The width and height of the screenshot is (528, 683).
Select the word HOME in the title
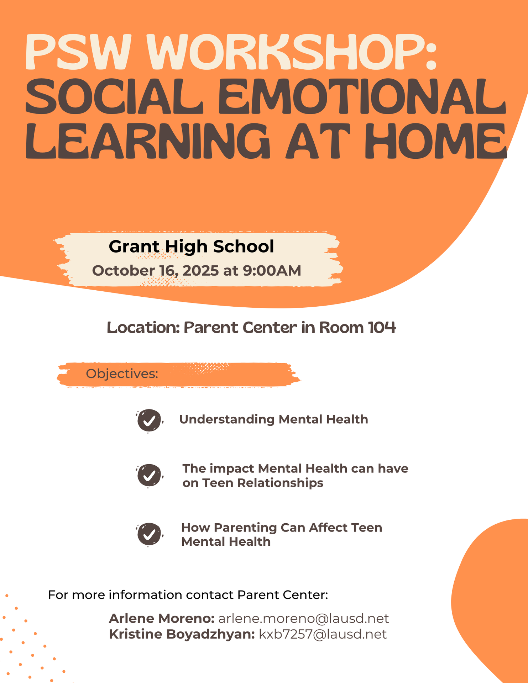pyautogui.click(x=435, y=141)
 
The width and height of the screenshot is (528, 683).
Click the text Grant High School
pyautogui.click(x=192, y=247)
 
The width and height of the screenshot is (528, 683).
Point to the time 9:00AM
pyautogui.click(x=272, y=271)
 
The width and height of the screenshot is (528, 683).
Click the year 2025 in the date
pyautogui.click(x=201, y=271)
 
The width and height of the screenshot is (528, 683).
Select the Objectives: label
pyautogui.click(x=122, y=374)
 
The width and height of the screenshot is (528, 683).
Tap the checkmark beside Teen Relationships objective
pyautogui.click(x=149, y=476)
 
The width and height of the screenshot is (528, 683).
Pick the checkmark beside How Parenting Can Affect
pyautogui.click(x=149, y=534)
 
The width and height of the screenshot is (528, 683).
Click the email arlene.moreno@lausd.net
pyautogui.click(x=304, y=619)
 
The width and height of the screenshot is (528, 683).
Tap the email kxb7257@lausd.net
pyautogui.click(x=323, y=634)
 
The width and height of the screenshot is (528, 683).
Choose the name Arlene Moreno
pyautogui.click(x=162, y=619)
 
